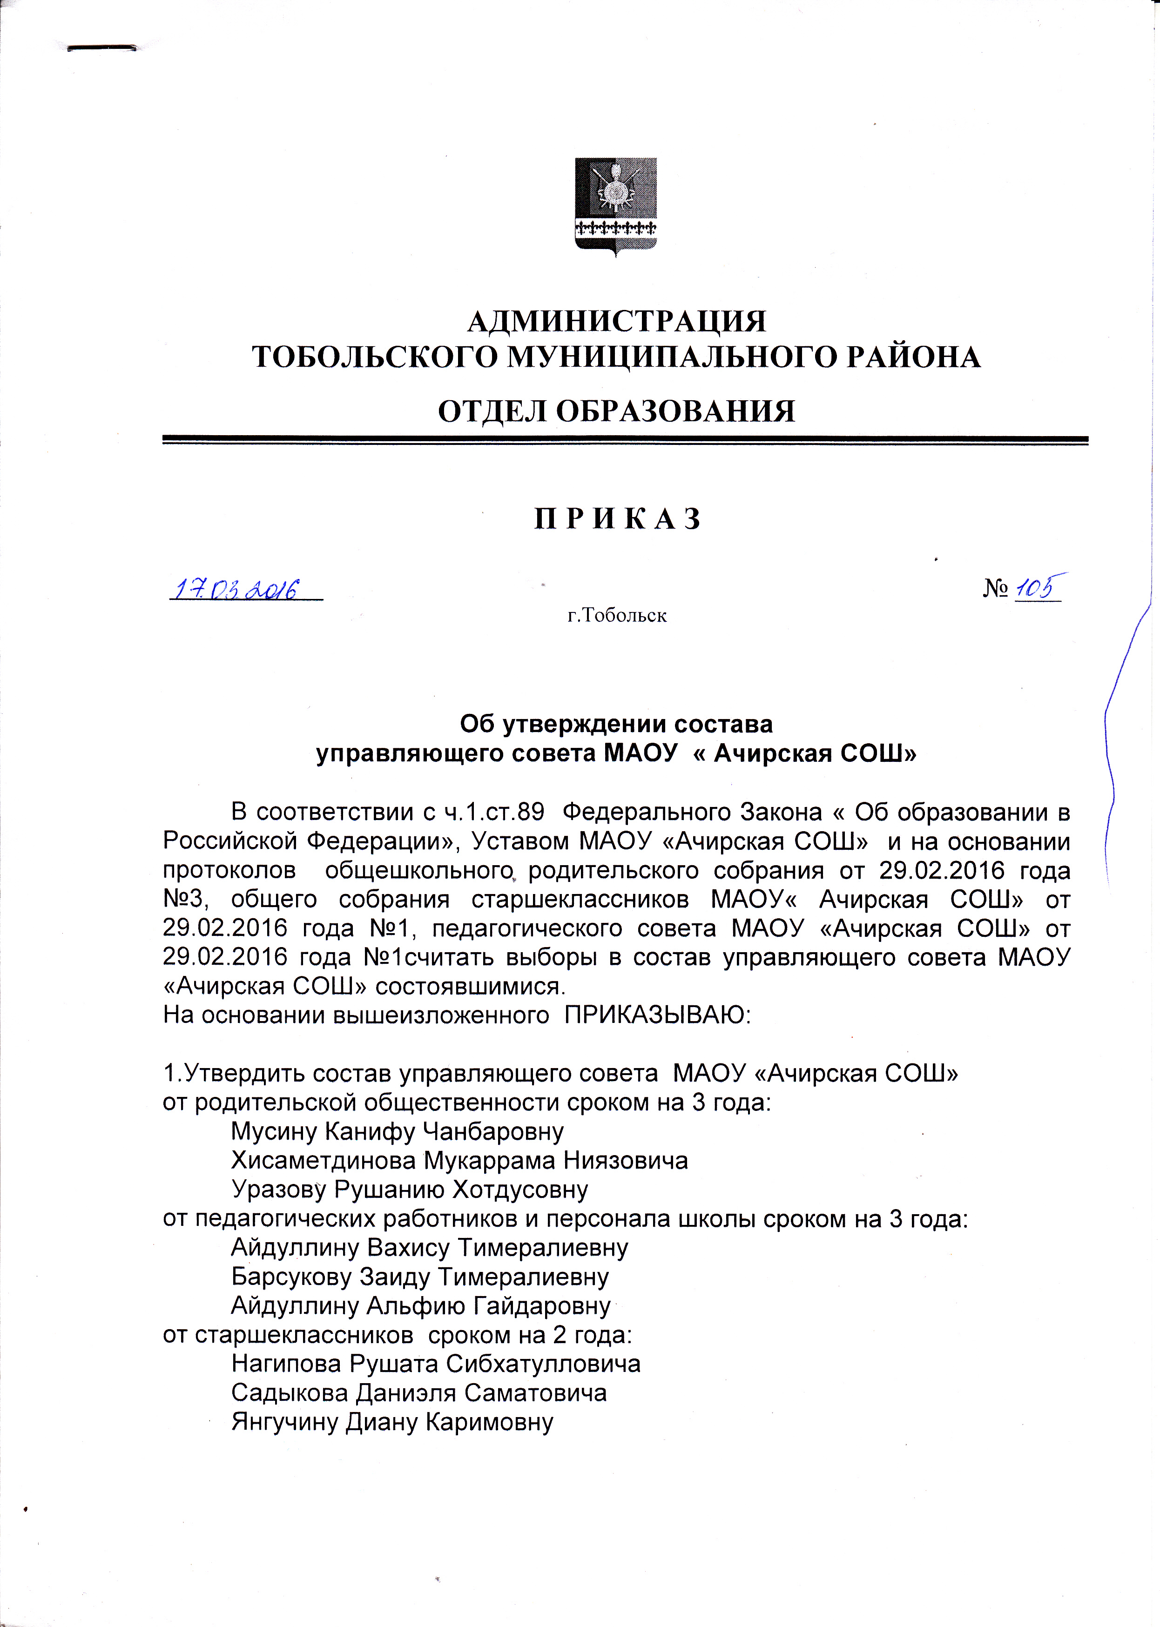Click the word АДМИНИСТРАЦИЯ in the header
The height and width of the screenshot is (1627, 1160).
616,322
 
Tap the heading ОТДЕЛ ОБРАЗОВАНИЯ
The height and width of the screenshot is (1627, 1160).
616,411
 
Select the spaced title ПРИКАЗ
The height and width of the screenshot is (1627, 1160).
618,519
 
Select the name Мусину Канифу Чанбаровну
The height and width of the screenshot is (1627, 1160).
397,1131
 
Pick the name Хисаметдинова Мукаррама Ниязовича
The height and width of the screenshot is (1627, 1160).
459,1161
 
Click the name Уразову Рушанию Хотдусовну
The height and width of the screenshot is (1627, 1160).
409,1190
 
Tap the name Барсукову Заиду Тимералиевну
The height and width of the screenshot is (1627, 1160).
420,1277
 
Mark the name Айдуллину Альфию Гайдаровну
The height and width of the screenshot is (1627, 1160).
421,1306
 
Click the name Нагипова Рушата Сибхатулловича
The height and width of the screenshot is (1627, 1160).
436,1364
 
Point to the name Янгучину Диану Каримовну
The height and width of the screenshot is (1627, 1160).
392,1423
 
